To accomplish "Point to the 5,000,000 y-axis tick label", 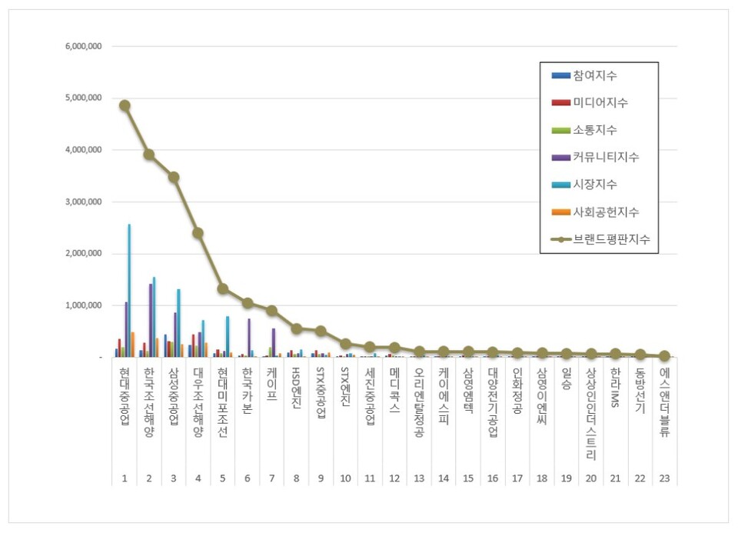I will pyautogui.click(x=82, y=98).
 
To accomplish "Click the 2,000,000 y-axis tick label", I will pyautogui.click(x=82, y=254).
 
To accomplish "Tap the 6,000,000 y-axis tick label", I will pyautogui.click(x=82, y=47).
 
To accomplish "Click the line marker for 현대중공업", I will pyautogui.click(x=125, y=105).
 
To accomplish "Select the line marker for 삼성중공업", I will pyautogui.click(x=174, y=177).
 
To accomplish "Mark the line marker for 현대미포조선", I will pyautogui.click(x=223, y=288).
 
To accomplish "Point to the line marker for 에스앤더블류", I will pyautogui.click(x=664, y=356).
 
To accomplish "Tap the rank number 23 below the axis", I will pyautogui.click(x=664, y=478).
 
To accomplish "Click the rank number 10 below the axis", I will pyautogui.click(x=346, y=478).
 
